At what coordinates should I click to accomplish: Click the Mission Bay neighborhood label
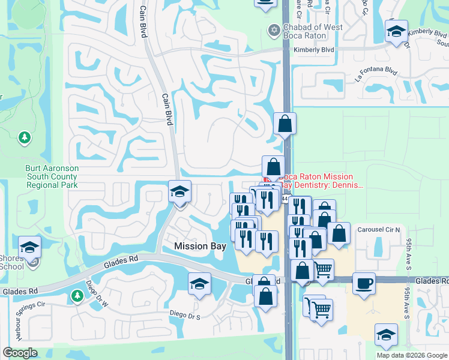click(200, 246)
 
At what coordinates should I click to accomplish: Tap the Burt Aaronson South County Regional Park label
click(52, 177)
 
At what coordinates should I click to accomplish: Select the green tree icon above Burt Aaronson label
click(25, 138)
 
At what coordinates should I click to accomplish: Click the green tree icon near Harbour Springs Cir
click(77, 295)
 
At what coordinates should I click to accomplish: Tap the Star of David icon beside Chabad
click(274, 29)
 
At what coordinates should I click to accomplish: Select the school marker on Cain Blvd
click(179, 193)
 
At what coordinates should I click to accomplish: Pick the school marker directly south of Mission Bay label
click(200, 284)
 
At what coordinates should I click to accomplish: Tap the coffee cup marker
click(364, 283)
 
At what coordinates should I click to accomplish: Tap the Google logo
click(20, 353)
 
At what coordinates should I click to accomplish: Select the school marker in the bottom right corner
click(386, 335)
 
